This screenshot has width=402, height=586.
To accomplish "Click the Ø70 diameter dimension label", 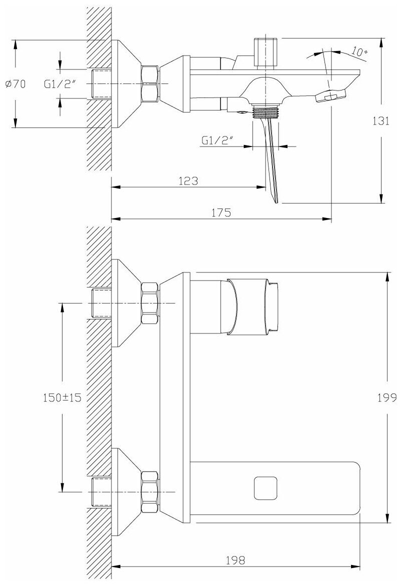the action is point(16,84).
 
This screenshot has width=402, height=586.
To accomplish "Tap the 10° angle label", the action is point(359,51).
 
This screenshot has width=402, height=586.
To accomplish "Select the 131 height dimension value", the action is point(381,121).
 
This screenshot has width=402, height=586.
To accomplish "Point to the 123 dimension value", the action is point(188,181).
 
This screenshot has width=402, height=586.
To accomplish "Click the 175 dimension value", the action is point(221,212).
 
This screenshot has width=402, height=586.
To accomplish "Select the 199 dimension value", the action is point(387,397).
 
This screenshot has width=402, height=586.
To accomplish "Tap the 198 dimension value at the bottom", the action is point(235,560).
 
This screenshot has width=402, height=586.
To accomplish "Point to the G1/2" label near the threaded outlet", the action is point(217,140).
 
